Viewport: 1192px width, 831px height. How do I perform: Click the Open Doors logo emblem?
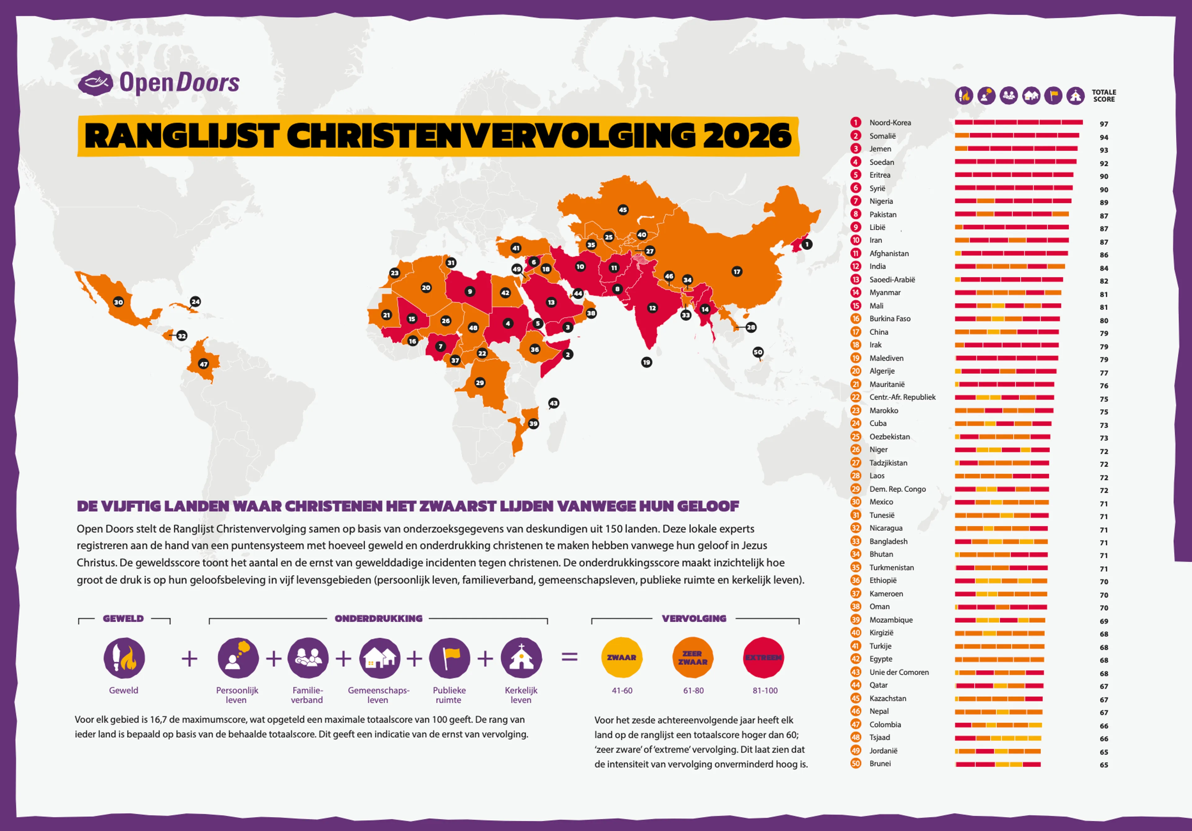click(x=95, y=83)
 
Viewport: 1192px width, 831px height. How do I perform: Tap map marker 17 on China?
click(x=737, y=271)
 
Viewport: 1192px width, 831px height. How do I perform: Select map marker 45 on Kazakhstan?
click(x=622, y=210)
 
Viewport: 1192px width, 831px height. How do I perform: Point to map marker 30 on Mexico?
click(x=118, y=302)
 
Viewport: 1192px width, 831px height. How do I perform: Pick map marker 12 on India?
click(x=652, y=308)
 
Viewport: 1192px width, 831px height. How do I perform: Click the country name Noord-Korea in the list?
click(x=890, y=123)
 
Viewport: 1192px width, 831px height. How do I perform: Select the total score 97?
click(x=1104, y=124)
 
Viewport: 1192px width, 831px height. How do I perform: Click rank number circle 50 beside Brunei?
click(x=856, y=764)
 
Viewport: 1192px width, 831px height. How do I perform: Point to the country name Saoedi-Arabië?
click(x=892, y=279)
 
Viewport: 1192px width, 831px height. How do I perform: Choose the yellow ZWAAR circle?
click(x=621, y=657)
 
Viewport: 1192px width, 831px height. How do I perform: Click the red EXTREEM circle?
click(x=763, y=657)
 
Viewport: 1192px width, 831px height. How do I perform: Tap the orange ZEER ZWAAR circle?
click(x=693, y=657)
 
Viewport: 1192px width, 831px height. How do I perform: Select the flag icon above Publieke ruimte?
click(x=449, y=657)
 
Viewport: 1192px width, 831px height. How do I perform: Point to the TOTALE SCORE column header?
click(x=1104, y=96)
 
